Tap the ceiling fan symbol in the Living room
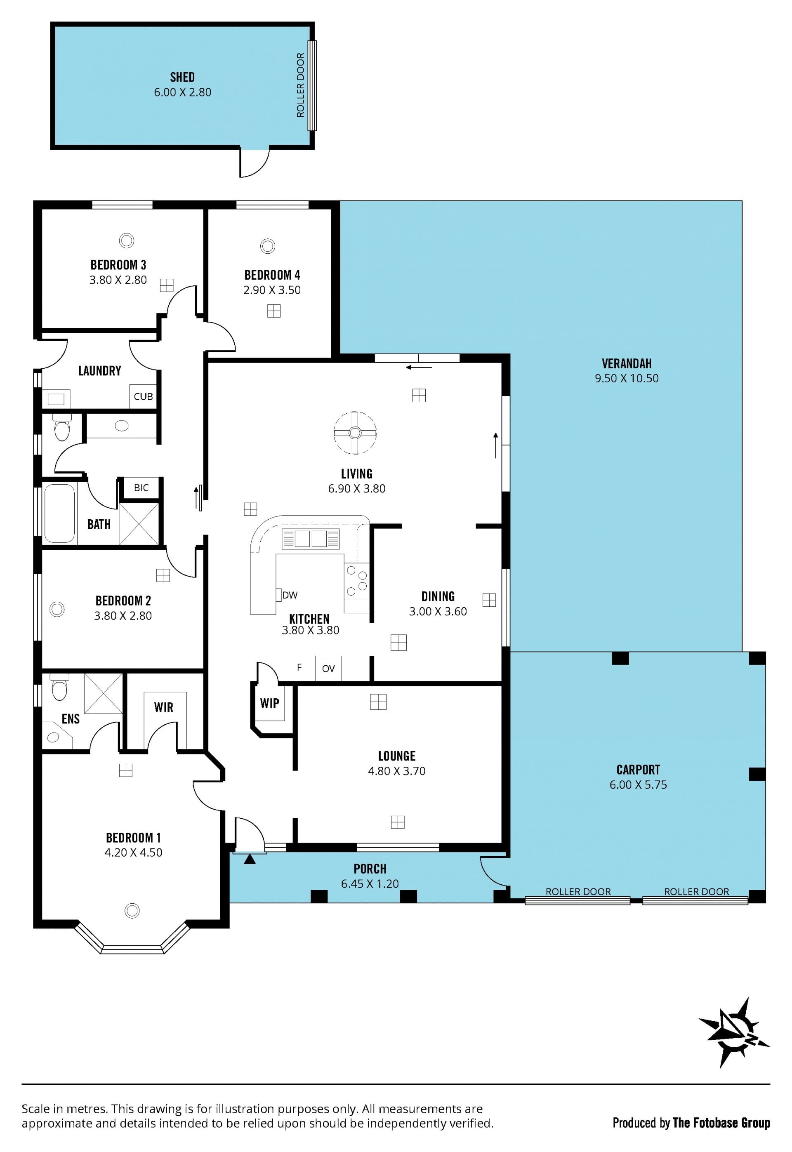[x=354, y=433]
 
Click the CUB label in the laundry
[x=144, y=396]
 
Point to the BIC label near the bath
[x=141, y=488]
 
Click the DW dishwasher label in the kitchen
[x=290, y=595]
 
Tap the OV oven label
[x=328, y=669]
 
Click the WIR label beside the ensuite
[x=163, y=707]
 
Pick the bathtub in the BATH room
[x=59, y=513]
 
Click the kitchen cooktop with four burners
[x=357, y=582]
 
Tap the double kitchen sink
[x=311, y=539]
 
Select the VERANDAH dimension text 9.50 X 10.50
[x=627, y=378]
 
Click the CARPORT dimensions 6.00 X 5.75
[x=638, y=784]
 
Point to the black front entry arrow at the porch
[x=250, y=859]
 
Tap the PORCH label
[x=370, y=869]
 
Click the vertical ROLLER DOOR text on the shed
[x=300, y=85]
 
